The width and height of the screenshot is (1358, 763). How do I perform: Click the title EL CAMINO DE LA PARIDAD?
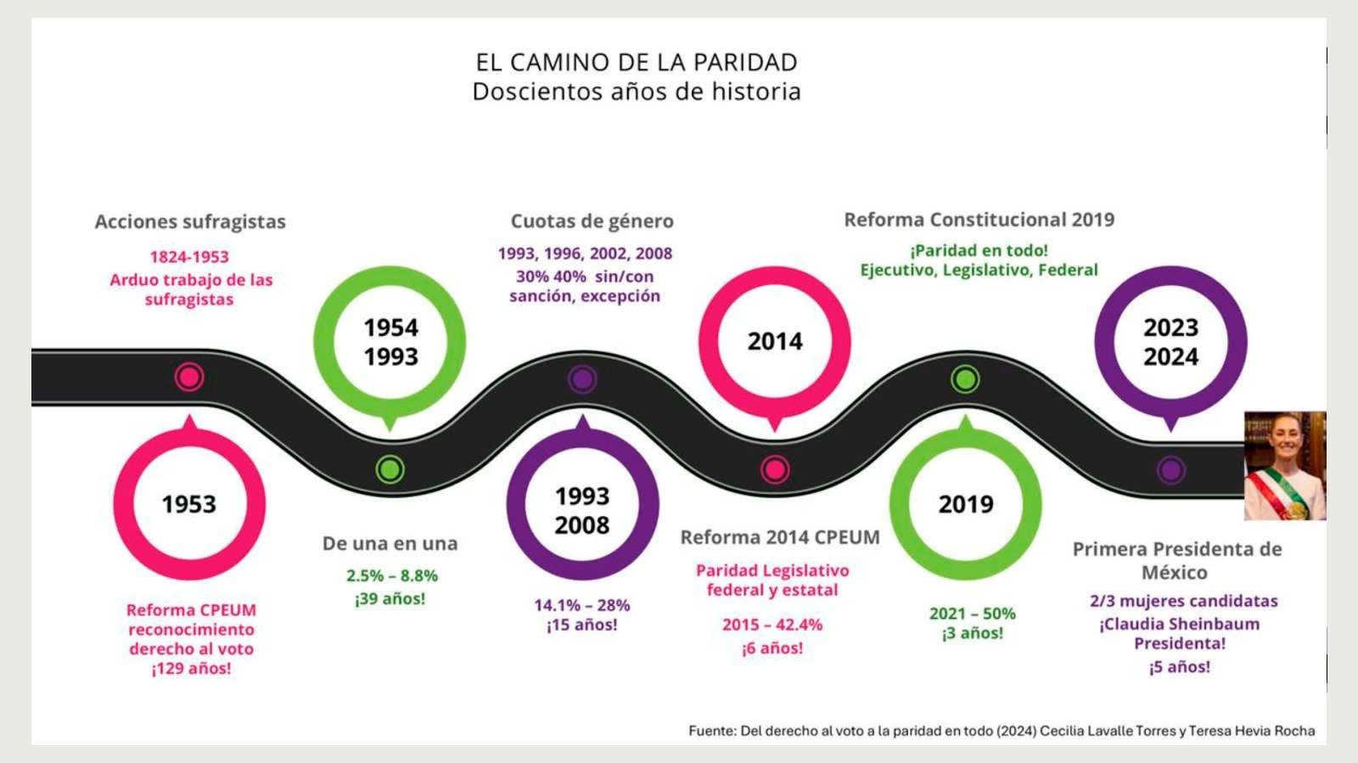(x=637, y=63)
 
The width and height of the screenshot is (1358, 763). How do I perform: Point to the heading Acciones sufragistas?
(x=190, y=222)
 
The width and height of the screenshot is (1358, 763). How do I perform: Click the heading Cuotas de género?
(x=592, y=222)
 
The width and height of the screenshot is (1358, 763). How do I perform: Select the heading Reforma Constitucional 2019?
(x=979, y=219)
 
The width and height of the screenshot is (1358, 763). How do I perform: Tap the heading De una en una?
(x=390, y=544)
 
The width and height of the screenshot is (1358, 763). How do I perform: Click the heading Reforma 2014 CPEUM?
(x=780, y=537)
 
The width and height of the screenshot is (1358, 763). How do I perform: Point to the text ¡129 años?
(x=191, y=669)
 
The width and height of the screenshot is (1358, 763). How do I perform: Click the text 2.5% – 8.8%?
(x=391, y=575)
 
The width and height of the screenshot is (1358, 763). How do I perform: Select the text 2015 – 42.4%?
(x=772, y=625)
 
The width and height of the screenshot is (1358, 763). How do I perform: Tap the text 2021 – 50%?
(x=973, y=614)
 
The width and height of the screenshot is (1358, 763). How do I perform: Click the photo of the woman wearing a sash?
(x=1285, y=465)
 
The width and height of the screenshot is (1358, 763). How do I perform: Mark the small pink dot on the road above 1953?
(x=189, y=378)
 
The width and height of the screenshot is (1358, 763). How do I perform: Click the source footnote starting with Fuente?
(x=1002, y=731)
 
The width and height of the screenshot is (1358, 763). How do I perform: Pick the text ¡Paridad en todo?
(x=979, y=250)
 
